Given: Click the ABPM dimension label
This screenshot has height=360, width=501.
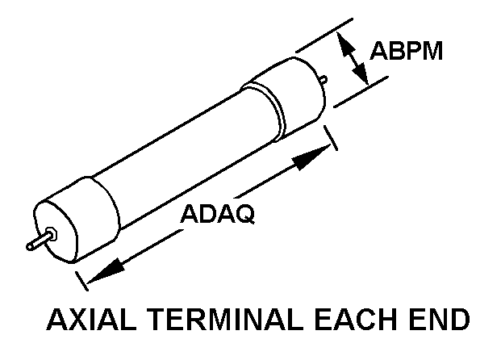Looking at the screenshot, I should point(407,51).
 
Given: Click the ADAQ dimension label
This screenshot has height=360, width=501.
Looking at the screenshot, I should point(217,215).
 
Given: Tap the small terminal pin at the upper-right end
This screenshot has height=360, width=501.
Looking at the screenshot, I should point(324,80).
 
